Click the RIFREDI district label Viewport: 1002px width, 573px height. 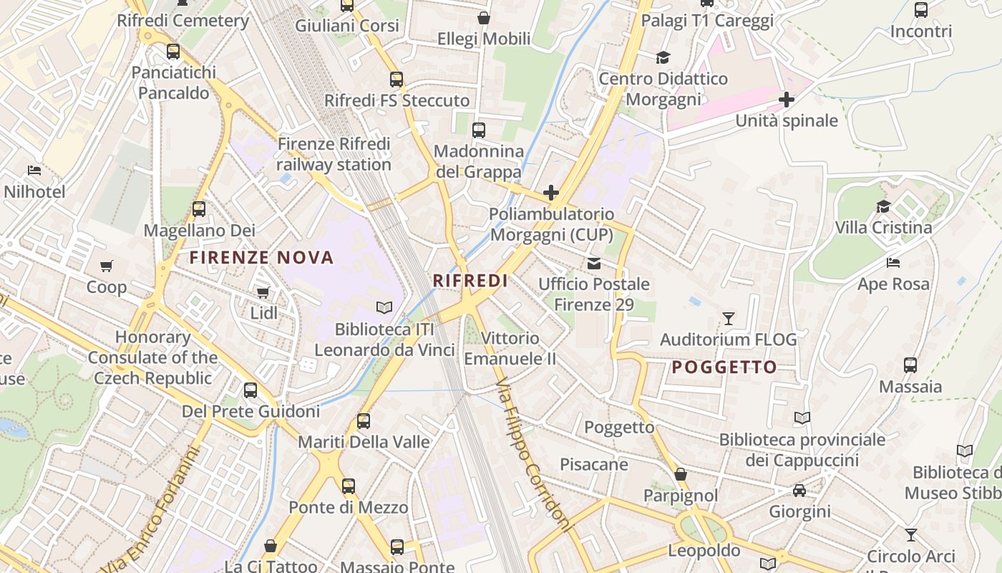[470, 281]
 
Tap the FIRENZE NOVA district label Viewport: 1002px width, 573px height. [261, 258]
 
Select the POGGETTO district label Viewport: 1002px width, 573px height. [724, 367]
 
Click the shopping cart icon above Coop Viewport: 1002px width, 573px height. [107, 266]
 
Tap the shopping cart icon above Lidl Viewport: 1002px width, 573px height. [263, 292]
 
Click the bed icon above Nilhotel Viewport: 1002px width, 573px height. [34, 170]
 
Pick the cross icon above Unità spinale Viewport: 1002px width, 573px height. [787, 100]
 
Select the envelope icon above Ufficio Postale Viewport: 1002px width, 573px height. [594, 263]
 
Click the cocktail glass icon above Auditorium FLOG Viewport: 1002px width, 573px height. [729, 318]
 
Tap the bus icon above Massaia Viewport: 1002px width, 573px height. [910, 365]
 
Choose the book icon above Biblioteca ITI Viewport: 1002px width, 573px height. [384, 308]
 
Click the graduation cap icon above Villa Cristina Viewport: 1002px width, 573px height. [884, 207]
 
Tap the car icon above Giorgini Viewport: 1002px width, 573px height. [799, 491]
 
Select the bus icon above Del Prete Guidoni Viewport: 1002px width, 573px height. [250, 390]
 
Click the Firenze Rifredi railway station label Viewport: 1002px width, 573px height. [334, 154]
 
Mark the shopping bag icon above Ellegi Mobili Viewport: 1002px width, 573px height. [484, 18]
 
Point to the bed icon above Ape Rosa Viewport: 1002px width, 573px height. [893, 263]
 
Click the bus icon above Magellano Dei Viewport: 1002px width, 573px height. [199, 209]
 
